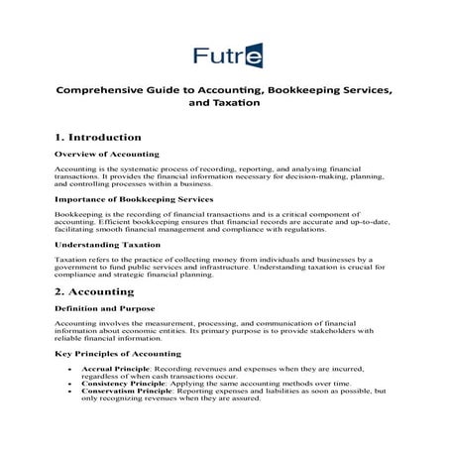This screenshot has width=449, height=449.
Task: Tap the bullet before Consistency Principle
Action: [x=67, y=396]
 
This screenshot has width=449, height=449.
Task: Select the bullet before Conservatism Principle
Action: [x=67, y=404]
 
